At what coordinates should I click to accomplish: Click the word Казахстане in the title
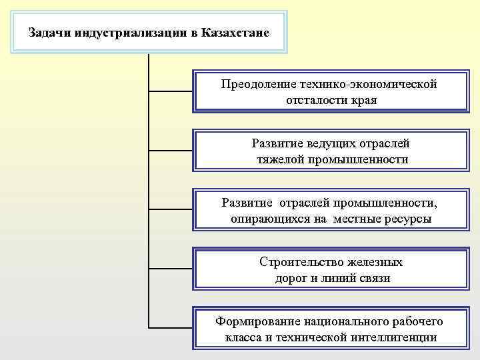235,31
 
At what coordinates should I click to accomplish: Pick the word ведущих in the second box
331,143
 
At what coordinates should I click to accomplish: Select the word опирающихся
271,218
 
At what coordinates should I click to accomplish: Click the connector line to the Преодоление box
170,90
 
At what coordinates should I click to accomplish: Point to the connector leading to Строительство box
170,269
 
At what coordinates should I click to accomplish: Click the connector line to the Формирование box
170,327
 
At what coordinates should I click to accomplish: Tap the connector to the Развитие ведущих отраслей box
170,150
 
